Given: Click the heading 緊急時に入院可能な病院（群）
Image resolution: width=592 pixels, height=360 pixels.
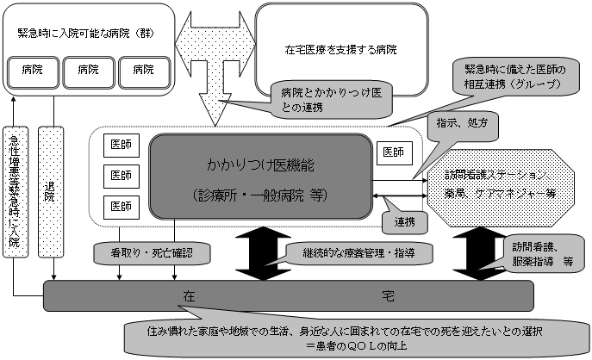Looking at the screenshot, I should (x=77, y=33).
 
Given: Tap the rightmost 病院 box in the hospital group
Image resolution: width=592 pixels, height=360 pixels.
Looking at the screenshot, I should (x=142, y=70).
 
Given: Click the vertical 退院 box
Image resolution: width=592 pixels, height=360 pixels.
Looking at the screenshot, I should (x=52, y=189).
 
